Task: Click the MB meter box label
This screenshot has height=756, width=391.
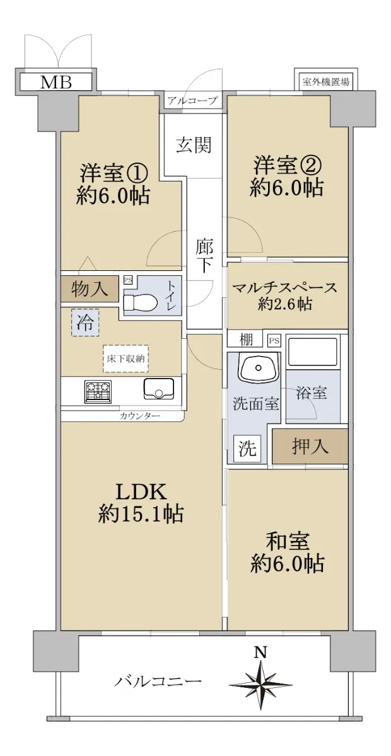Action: [55, 82]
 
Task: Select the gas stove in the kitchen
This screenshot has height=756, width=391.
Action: [98, 391]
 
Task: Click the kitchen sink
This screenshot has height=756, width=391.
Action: [158, 388]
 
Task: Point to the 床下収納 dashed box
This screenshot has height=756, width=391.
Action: [125, 358]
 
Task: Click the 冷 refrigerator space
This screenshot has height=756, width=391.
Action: [85, 323]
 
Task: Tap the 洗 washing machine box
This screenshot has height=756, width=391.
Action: [247, 449]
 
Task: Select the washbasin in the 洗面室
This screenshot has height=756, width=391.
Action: [259, 366]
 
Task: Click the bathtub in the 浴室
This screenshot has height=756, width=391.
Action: [312, 351]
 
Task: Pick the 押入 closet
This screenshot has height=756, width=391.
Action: [310, 446]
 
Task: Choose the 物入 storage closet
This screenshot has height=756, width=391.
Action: [90, 289]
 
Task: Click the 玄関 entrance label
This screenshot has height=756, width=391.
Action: [194, 145]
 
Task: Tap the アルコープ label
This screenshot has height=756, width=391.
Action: [192, 100]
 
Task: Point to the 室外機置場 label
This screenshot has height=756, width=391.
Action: [325, 82]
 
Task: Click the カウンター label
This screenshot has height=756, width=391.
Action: [139, 415]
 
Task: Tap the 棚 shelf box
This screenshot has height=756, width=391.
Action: [246, 339]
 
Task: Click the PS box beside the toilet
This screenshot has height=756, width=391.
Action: [128, 280]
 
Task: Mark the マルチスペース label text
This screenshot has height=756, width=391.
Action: [285, 287]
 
